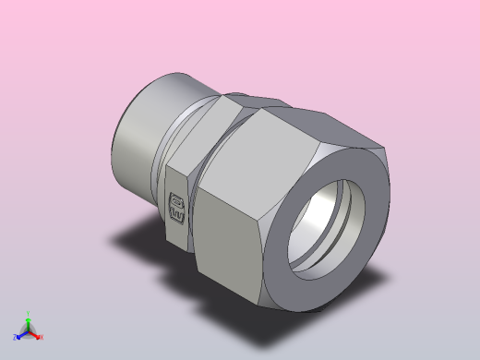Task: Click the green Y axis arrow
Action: [x=28, y=318]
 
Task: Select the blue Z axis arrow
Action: [x=20, y=334]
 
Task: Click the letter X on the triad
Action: [x=41, y=337]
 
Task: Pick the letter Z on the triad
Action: [x=15, y=337]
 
